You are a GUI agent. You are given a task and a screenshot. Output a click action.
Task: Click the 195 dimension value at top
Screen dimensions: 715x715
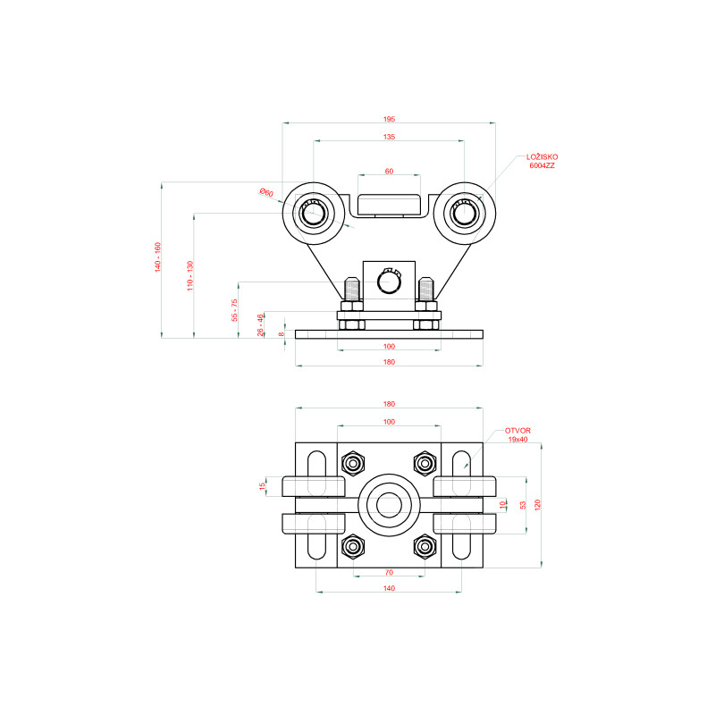coord(389,120)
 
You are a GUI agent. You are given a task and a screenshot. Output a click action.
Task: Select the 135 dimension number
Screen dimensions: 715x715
coord(389,137)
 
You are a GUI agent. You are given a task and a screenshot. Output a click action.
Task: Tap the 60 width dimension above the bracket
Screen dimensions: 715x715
coord(389,172)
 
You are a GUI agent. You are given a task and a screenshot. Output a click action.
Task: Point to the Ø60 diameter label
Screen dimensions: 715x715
coord(266,192)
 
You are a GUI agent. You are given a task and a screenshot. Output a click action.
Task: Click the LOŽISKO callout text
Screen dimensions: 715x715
coord(543,157)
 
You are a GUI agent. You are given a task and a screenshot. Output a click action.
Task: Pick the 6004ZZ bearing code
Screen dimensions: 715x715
coord(543,165)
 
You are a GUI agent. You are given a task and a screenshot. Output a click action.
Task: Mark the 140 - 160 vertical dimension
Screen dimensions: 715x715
coord(158,257)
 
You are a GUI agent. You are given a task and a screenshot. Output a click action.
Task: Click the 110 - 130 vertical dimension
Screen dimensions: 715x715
coord(190,276)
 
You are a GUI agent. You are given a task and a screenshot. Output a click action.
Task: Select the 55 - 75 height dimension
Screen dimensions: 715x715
coord(234,310)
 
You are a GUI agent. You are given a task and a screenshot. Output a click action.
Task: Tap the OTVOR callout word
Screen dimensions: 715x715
coord(517,431)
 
